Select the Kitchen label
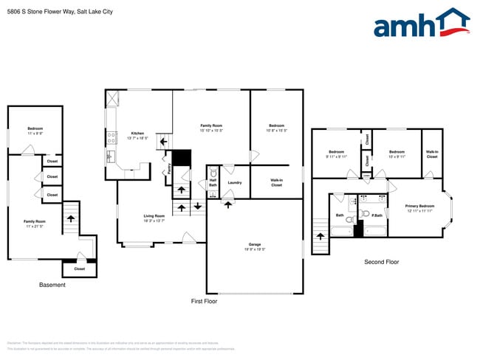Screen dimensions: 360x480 [x=137, y=134]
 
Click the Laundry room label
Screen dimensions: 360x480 [x=235, y=182]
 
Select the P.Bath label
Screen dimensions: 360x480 [x=376, y=215]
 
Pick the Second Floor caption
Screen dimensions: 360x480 [x=381, y=262]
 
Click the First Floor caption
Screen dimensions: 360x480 [x=203, y=301]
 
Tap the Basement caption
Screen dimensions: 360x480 [x=52, y=284]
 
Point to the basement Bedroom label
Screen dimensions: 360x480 [x=35, y=128]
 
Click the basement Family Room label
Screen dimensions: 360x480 [x=34, y=222]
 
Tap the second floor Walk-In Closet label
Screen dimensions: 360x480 [x=432, y=153]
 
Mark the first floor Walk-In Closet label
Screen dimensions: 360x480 [x=276, y=181]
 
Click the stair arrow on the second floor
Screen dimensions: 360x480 [x=320, y=238]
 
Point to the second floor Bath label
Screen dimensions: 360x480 [x=340, y=215]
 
